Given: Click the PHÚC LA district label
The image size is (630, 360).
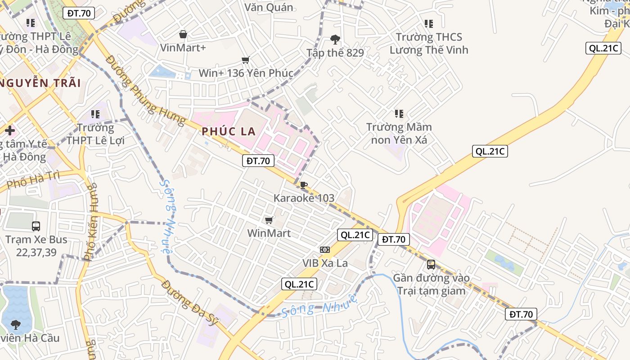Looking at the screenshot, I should click(x=229, y=131).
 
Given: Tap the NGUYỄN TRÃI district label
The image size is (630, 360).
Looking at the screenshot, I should click(x=40, y=83).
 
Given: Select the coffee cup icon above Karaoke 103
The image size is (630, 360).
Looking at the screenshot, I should click(x=304, y=185).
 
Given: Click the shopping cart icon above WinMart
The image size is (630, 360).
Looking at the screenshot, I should click(x=269, y=220).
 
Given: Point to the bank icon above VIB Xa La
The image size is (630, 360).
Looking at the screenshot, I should click(x=325, y=249).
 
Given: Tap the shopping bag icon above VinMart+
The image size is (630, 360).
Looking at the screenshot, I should click(x=183, y=34).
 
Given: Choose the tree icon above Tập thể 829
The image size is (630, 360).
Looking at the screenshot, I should click(x=335, y=39).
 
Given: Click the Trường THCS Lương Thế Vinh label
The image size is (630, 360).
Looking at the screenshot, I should click(x=429, y=43).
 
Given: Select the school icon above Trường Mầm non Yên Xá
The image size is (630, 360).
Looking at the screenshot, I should click(x=399, y=114).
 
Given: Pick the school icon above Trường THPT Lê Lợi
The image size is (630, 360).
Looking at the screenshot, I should click(x=95, y=114).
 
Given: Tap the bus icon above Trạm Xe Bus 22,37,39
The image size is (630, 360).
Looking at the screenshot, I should click(x=36, y=226).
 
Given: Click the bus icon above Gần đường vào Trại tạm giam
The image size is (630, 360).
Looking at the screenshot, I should click(x=431, y=264).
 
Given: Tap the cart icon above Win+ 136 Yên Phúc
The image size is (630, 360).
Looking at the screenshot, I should click(x=246, y=60).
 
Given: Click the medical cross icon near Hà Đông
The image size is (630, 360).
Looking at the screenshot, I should click(x=10, y=131).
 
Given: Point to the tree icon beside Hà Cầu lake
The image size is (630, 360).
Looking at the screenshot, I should click(x=16, y=324).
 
